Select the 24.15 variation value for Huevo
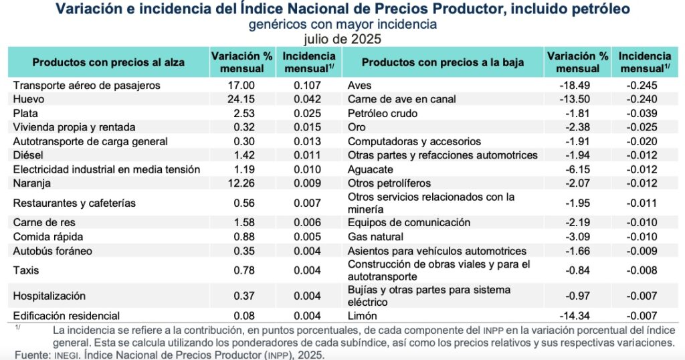click(x=241, y=99)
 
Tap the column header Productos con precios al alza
click(x=108, y=62)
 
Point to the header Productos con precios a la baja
click(x=442, y=62)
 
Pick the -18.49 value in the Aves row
click(x=577, y=86)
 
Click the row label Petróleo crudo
click(x=383, y=113)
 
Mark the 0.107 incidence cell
click(x=308, y=86)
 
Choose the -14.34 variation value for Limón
click(x=577, y=316)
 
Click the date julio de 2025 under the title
click(x=342, y=39)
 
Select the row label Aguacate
click(x=371, y=169)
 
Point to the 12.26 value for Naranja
click(x=241, y=183)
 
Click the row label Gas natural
click(x=376, y=237)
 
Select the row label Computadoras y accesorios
click(x=415, y=141)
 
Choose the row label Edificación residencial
click(x=66, y=316)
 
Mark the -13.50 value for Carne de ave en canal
click(x=577, y=99)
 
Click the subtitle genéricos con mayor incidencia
click(x=342, y=25)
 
